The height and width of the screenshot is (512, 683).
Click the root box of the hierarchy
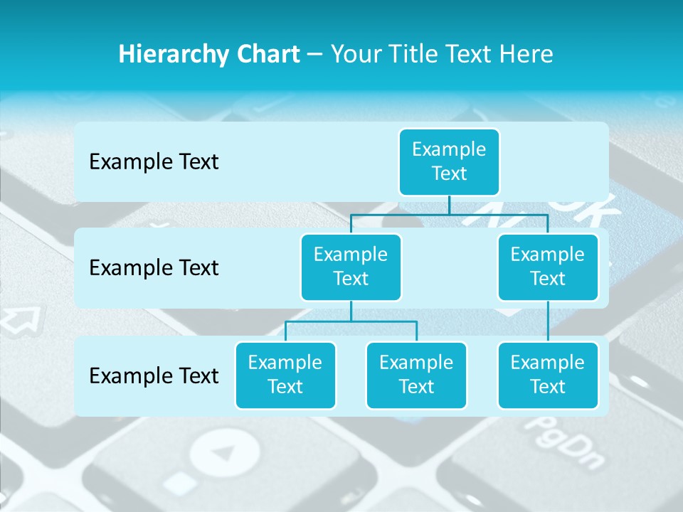coord(449,161)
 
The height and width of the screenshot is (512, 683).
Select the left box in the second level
coord(351,267)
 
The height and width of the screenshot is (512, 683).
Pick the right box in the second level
coord(548,267)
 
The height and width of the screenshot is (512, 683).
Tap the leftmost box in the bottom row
coord(285,375)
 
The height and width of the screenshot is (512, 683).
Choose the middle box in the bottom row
coord(416,375)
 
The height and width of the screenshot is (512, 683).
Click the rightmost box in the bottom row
coord(548,375)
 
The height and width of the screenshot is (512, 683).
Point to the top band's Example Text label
coord(154,162)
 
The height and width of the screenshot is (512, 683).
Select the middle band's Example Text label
coord(154,268)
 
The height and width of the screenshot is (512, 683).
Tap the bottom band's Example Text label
coord(154,375)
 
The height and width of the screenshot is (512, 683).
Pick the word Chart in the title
coord(270,54)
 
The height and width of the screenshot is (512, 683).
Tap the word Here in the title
coord(524,54)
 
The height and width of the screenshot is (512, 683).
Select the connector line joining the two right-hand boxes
coord(548,321)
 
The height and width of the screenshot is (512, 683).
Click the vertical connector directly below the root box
coord(449,205)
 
